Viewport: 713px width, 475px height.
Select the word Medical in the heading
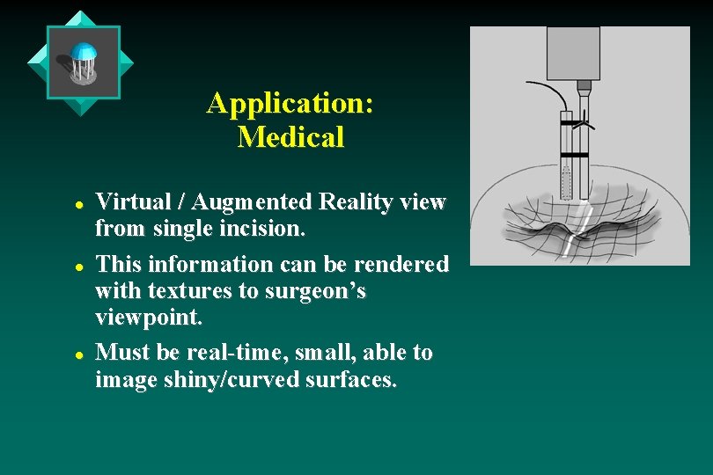(290, 137)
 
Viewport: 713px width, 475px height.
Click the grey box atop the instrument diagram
(573, 53)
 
